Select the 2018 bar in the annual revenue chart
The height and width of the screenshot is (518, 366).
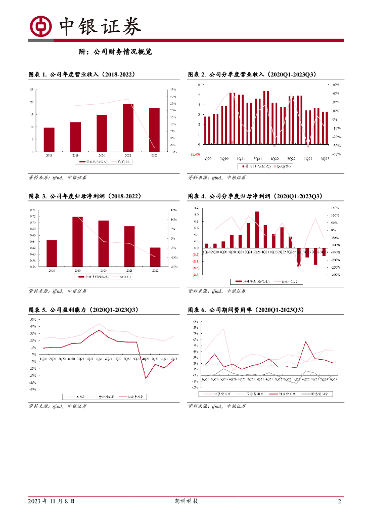point(49,139)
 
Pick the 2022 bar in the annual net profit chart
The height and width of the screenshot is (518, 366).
point(155,257)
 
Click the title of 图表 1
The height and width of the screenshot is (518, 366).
point(81,75)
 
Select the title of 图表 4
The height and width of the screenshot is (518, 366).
point(254,196)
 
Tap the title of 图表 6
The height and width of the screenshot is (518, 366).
point(245,310)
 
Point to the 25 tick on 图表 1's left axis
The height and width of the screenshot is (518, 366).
point(32,90)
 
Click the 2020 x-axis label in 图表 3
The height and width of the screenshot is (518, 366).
point(102,271)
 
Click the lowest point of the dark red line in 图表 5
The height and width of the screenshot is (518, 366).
point(146,378)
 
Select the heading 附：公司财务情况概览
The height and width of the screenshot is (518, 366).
point(116,52)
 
